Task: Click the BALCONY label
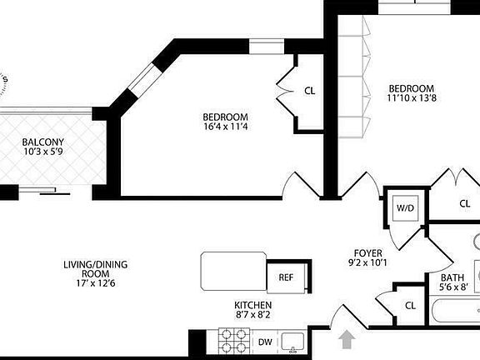click(43, 142)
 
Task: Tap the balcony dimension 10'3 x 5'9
click(43, 152)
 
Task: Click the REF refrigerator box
click(286, 277)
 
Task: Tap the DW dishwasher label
click(264, 342)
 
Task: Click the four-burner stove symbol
click(234, 341)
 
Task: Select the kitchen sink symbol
click(292, 342)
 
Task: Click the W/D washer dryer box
click(405, 207)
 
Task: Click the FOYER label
click(367, 252)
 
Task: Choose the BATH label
click(453, 277)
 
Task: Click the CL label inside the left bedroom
click(310, 91)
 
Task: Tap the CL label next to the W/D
click(464, 202)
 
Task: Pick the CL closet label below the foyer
click(410, 305)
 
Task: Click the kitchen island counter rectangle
click(232, 271)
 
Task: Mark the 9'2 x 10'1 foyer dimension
click(367, 264)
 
